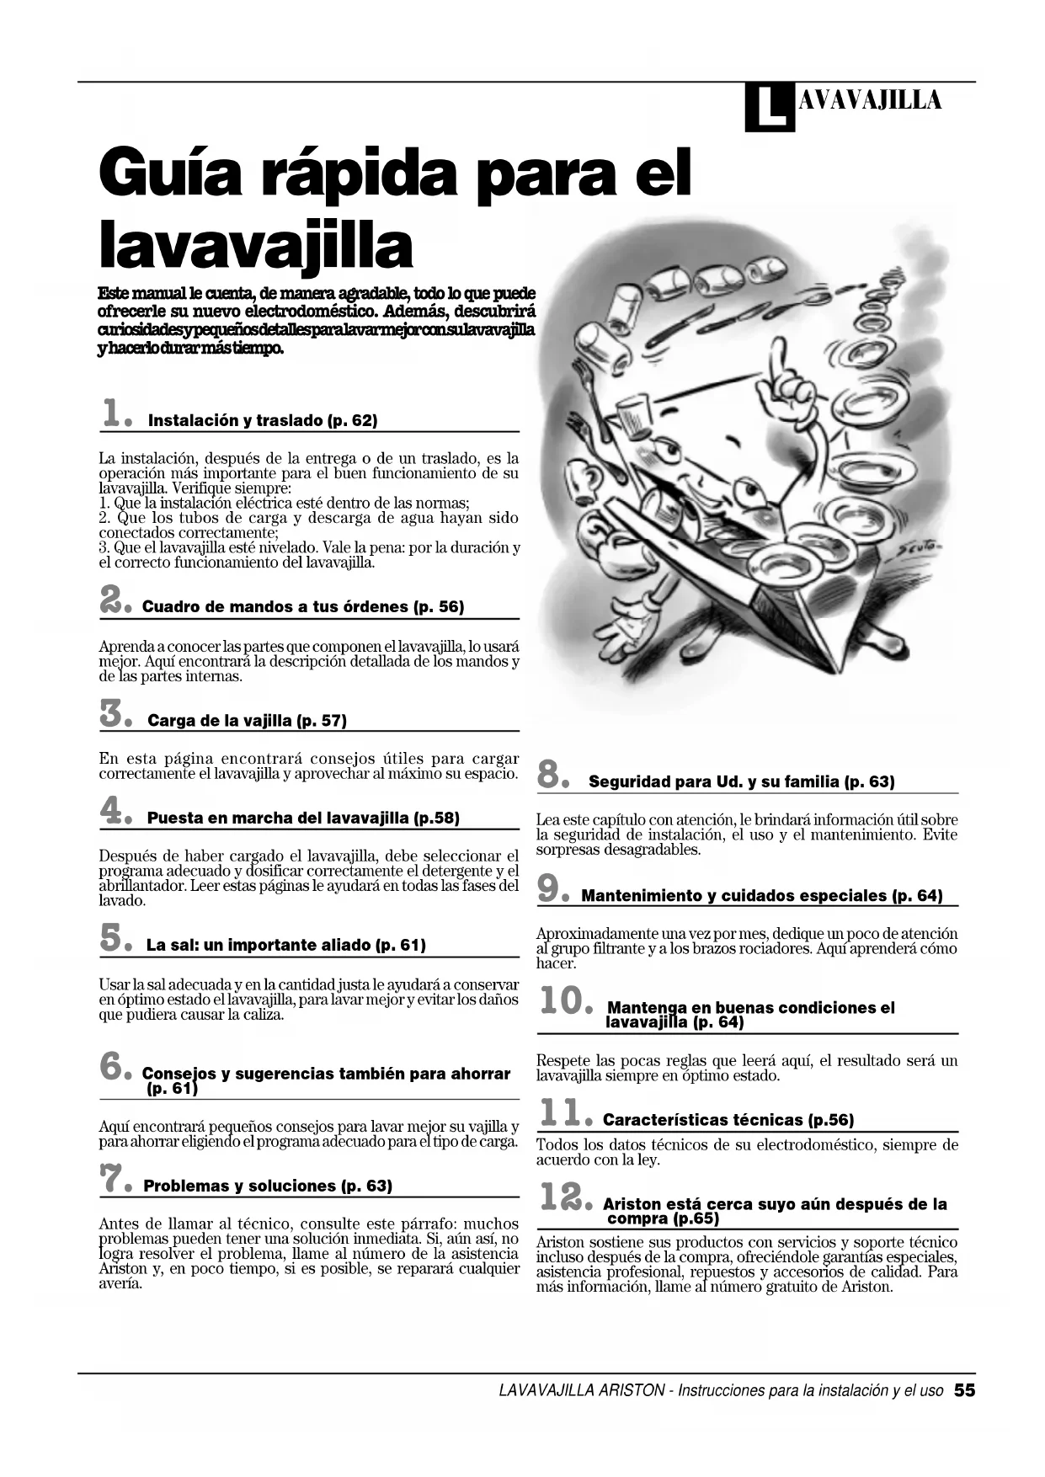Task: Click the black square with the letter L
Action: [x=769, y=107]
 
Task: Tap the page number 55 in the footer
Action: [x=964, y=1390]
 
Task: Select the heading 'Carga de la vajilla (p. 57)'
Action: [x=247, y=721]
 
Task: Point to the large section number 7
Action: [x=113, y=1178]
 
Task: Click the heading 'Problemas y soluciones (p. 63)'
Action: [x=268, y=1186]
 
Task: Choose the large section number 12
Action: [x=561, y=1197]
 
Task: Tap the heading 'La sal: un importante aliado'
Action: [x=285, y=945]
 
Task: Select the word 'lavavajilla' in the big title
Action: [x=256, y=245]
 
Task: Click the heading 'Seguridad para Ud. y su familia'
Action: [x=741, y=781]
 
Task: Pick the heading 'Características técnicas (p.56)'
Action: [x=728, y=1120]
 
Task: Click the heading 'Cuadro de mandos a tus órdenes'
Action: [x=303, y=606]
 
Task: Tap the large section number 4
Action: [x=114, y=811]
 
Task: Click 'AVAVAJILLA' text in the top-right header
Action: [x=868, y=101]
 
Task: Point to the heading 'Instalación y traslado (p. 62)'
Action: [x=263, y=420]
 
